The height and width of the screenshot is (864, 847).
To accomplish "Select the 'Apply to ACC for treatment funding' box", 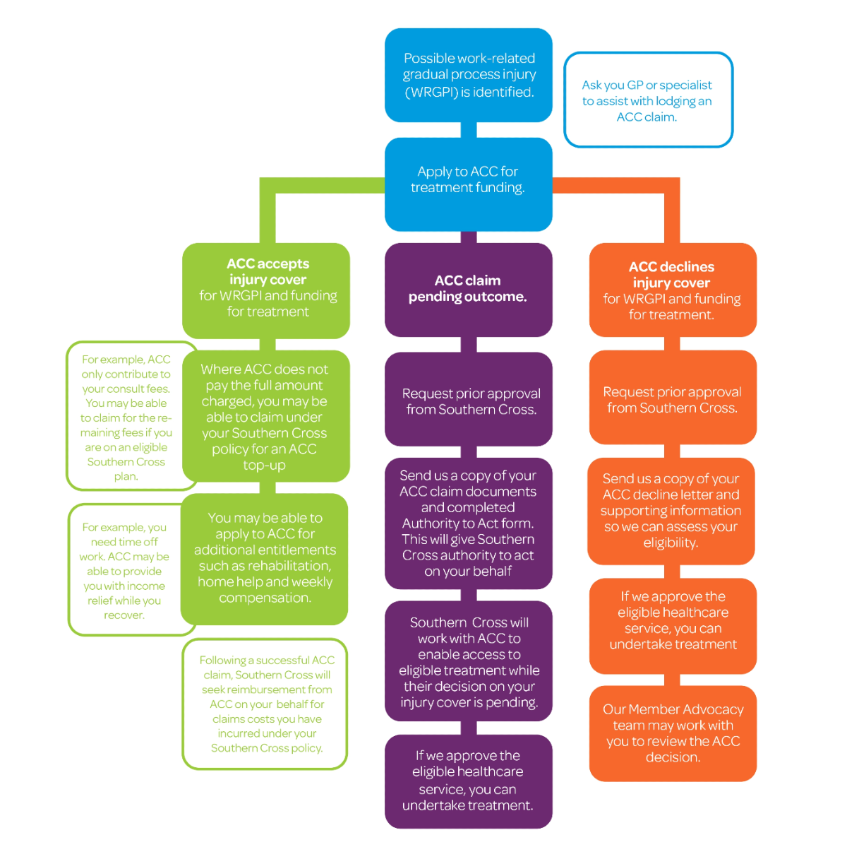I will pyautogui.click(x=468, y=183).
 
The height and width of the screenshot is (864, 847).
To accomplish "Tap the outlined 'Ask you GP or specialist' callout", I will pyautogui.click(x=647, y=100).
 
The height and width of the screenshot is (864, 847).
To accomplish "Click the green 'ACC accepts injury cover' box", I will pyautogui.click(x=267, y=289).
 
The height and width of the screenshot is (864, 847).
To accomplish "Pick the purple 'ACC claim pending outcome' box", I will pyautogui.click(x=468, y=289).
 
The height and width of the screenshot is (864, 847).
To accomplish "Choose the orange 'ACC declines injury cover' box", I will pyautogui.click(x=672, y=290).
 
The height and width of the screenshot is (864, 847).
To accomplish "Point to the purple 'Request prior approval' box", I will pyautogui.click(x=468, y=401).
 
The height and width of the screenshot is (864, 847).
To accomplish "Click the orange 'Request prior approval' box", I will pyautogui.click(x=672, y=400).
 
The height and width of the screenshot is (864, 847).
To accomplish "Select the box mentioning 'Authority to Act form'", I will pyautogui.click(x=468, y=523).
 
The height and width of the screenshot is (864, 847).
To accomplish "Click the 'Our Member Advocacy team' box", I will pyautogui.click(x=672, y=733).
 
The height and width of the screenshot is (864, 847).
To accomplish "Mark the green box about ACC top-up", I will pyautogui.click(x=265, y=417).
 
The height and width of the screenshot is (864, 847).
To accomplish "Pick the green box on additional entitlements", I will pyautogui.click(x=265, y=558).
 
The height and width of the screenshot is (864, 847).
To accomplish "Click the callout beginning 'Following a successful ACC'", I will pyautogui.click(x=265, y=704).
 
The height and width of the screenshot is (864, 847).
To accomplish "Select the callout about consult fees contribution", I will pyautogui.click(x=127, y=417).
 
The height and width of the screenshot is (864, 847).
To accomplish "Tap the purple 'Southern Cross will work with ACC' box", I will pyautogui.click(x=468, y=662).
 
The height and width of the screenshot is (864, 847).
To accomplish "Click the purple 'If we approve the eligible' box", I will pyautogui.click(x=468, y=781).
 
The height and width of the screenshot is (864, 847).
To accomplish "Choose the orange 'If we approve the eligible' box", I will pyautogui.click(x=672, y=620).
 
